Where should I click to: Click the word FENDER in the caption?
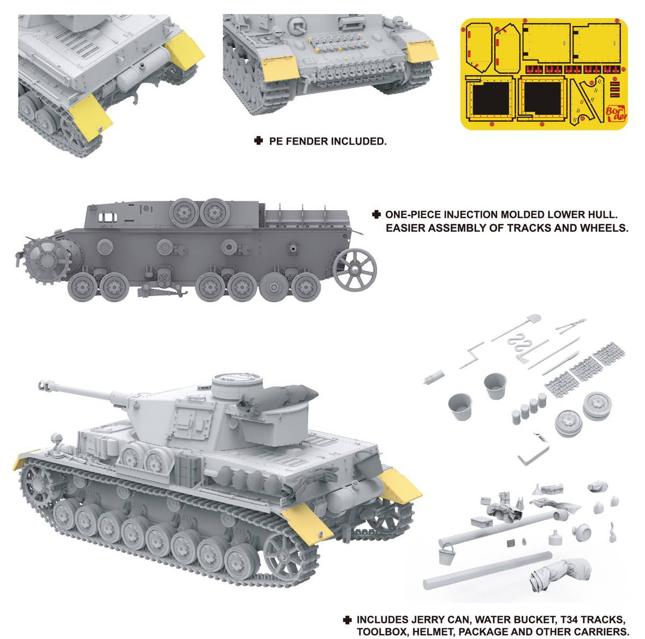pos(306,141)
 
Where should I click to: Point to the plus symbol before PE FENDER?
pos(258,141)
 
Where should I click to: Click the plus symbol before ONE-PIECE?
pos(376,214)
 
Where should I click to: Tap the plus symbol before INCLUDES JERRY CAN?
pos(347,611)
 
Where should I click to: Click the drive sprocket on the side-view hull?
pos(47,260)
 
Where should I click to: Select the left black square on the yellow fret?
pos(491,98)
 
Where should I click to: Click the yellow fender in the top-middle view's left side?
pos(281,68)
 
